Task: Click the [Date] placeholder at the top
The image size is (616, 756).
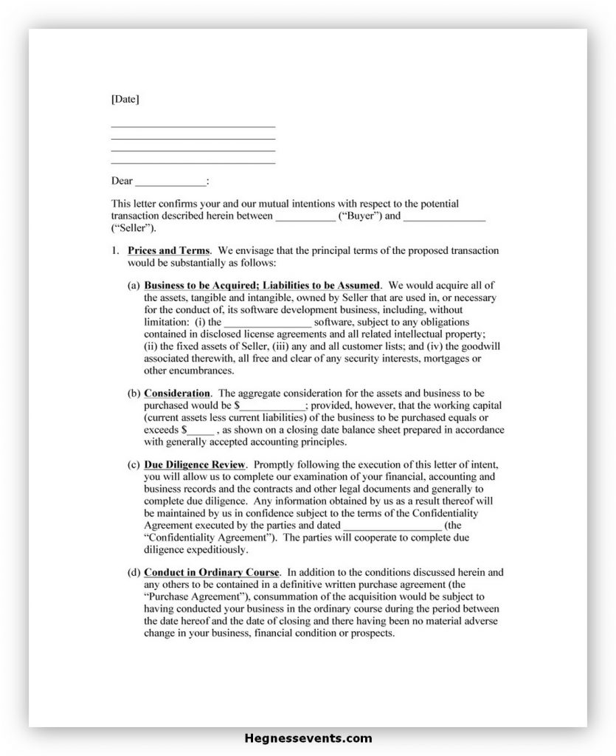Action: (x=125, y=99)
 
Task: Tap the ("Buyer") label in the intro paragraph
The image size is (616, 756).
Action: (x=359, y=216)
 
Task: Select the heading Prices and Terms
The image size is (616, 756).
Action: (x=168, y=251)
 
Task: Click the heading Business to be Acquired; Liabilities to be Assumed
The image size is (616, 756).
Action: (x=262, y=285)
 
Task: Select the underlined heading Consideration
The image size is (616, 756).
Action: (x=177, y=394)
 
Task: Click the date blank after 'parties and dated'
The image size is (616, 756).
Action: (x=392, y=526)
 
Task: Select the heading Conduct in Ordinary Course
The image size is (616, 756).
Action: (x=212, y=572)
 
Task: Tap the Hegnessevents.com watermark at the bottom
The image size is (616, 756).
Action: (x=308, y=738)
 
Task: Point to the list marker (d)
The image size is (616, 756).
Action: (x=134, y=572)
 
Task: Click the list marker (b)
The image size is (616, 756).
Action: (x=134, y=394)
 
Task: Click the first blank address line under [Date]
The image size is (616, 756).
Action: (x=193, y=127)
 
